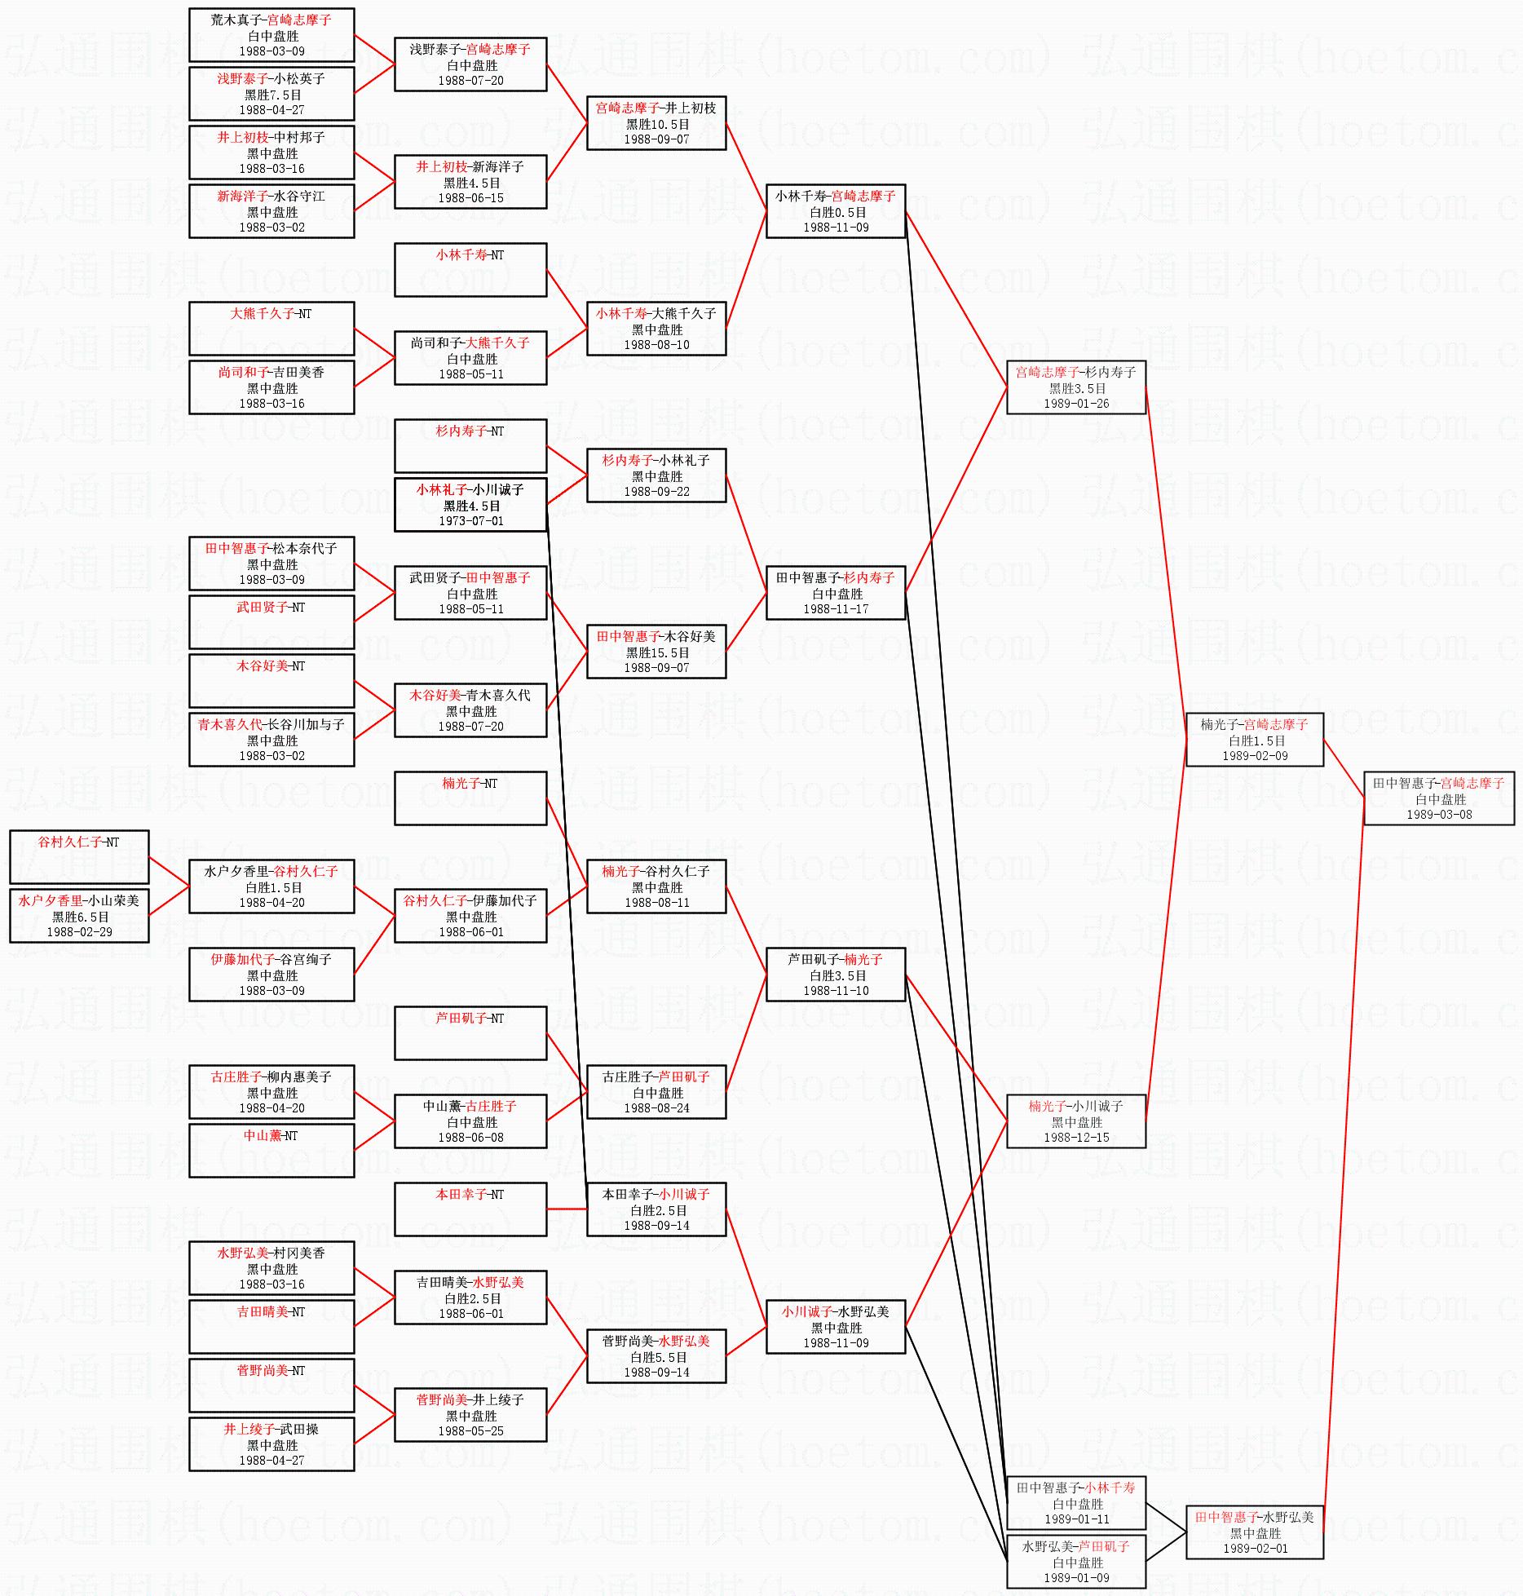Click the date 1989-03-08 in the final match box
click(1439, 814)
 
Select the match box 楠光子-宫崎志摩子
click(1254, 740)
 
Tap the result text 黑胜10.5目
click(657, 124)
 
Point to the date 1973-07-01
click(470, 520)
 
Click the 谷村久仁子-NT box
click(79, 856)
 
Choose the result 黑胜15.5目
click(657, 652)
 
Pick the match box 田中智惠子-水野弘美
click(1254, 1532)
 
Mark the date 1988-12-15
click(1076, 1137)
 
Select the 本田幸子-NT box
click(470, 1209)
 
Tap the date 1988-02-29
click(79, 931)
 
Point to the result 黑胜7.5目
click(272, 95)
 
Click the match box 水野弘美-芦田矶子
click(1076, 1562)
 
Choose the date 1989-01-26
click(1076, 403)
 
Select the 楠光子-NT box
click(470, 798)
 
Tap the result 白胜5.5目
click(657, 1357)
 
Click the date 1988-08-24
click(657, 1107)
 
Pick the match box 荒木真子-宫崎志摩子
click(271, 35)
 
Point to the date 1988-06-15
click(470, 197)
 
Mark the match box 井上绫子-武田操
click(271, 1444)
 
